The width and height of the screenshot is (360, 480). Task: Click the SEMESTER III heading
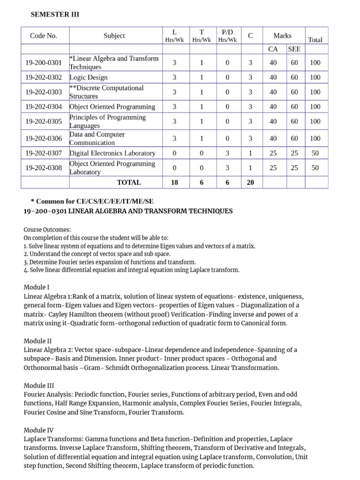pyautogui.click(x=55, y=15)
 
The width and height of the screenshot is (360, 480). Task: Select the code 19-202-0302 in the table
pyautogui.click(x=44, y=77)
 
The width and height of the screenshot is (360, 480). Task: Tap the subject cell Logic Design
pyautogui.click(x=89, y=77)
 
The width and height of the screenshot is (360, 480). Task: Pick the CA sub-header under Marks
pyautogui.click(x=273, y=49)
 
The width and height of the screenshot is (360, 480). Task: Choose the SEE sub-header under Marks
pyautogui.click(x=294, y=49)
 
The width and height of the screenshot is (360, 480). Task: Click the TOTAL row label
pyautogui.click(x=128, y=182)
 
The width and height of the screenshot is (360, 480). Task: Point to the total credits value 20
pyautogui.click(x=250, y=182)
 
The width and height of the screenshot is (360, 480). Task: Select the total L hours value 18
pyautogui.click(x=174, y=182)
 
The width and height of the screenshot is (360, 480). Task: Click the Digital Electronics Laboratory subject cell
pyautogui.click(x=112, y=153)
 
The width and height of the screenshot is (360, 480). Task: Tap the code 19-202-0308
pyautogui.click(x=44, y=168)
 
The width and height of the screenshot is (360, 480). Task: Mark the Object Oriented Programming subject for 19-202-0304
pyautogui.click(x=112, y=107)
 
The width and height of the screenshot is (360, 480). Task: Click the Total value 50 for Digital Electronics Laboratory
pyautogui.click(x=315, y=153)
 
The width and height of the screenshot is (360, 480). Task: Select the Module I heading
pyautogui.click(x=36, y=287)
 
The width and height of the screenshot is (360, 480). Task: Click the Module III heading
pyautogui.click(x=38, y=385)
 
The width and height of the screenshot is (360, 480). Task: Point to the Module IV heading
pyautogui.click(x=38, y=430)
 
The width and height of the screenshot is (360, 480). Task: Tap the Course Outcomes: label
pyautogui.click(x=47, y=230)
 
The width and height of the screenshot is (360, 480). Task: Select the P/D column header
pyautogui.click(x=227, y=36)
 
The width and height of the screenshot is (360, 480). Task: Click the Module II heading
pyautogui.click(x=37, y=341)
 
